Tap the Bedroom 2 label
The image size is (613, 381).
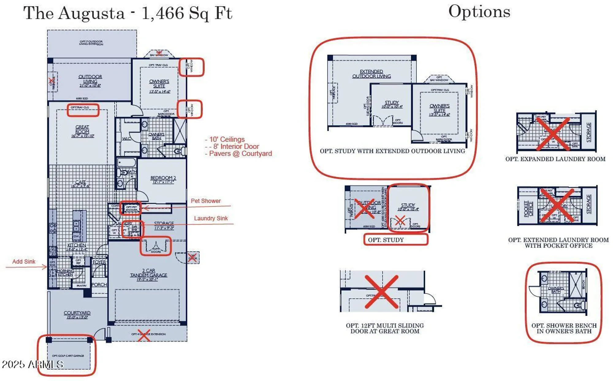(x=163, y=178)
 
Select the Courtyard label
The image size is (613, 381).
(x=77, y=313)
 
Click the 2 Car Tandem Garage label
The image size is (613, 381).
(x=148, y=273)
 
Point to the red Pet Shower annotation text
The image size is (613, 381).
(x=206, y=201)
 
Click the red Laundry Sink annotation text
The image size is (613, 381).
(x=211, y=218)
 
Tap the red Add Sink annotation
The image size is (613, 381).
(x=24, y=262)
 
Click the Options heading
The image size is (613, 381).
(x=479, y=12)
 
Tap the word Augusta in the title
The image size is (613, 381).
(x=92, y=13)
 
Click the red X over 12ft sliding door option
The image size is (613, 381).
(x=382, y=291)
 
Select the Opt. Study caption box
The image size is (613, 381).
(x=395, y=240)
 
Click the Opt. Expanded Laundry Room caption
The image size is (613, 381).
(x=555, y=159)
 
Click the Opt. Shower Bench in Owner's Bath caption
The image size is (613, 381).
(x=564, y=328)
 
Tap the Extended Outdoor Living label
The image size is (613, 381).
(x=371, y=74)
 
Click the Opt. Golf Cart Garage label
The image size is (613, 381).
(x=68, y=356)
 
